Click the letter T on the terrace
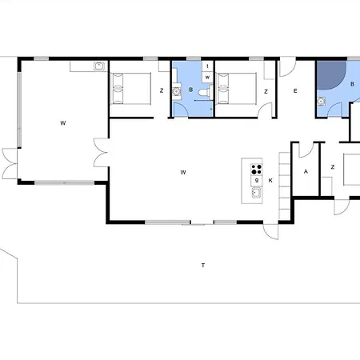click(203, 265)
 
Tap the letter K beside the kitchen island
click(270, 181)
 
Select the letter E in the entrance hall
click(295, 91)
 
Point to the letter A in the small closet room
click(306, 171)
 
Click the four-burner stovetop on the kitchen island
click(256, 170)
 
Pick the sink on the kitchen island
click(256, 192)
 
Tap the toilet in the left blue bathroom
click(206, 92)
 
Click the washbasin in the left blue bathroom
click(176, 92)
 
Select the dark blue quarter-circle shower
click(331, 75)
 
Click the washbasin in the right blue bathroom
click(322, 102)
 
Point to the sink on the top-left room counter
click(98, 66)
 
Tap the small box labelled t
click(207, 66)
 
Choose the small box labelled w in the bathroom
click(207, 77)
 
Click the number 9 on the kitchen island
click(257, 180)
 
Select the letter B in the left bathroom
click(190, 90)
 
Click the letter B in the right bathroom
click(352, 84)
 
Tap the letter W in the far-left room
click(63, 123)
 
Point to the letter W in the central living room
click(183, 172)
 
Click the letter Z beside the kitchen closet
click(333, 167)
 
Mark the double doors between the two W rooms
click(102, 153)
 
